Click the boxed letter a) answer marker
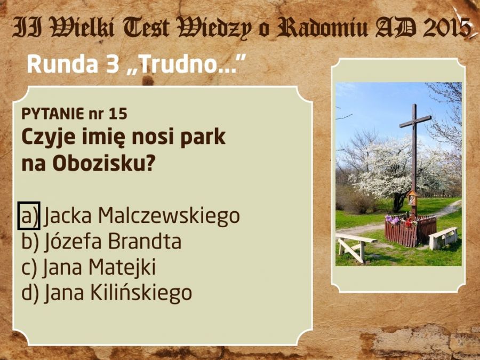pyautogui.click(x=29, y=215)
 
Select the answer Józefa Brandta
pyautogui.click(x=101, y=241)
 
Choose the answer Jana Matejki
pyautogui.click(x=89, y=267)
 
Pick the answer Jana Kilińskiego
pyautogui.click(x=107, y=293)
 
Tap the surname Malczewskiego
pyautogui.click(x=169, y=216)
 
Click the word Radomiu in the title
pyautogui.click(x=322, y=28)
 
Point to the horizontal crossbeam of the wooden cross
pyautogui.click(x=415, y=122)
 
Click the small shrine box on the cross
pyautogui.click(x=412, y=198)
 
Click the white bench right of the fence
pyautogui.click(x=444, y=238)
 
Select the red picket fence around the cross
pyautogui.click(x=410, y=230)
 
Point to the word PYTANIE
pyautogui.click(x=52, y=114)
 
